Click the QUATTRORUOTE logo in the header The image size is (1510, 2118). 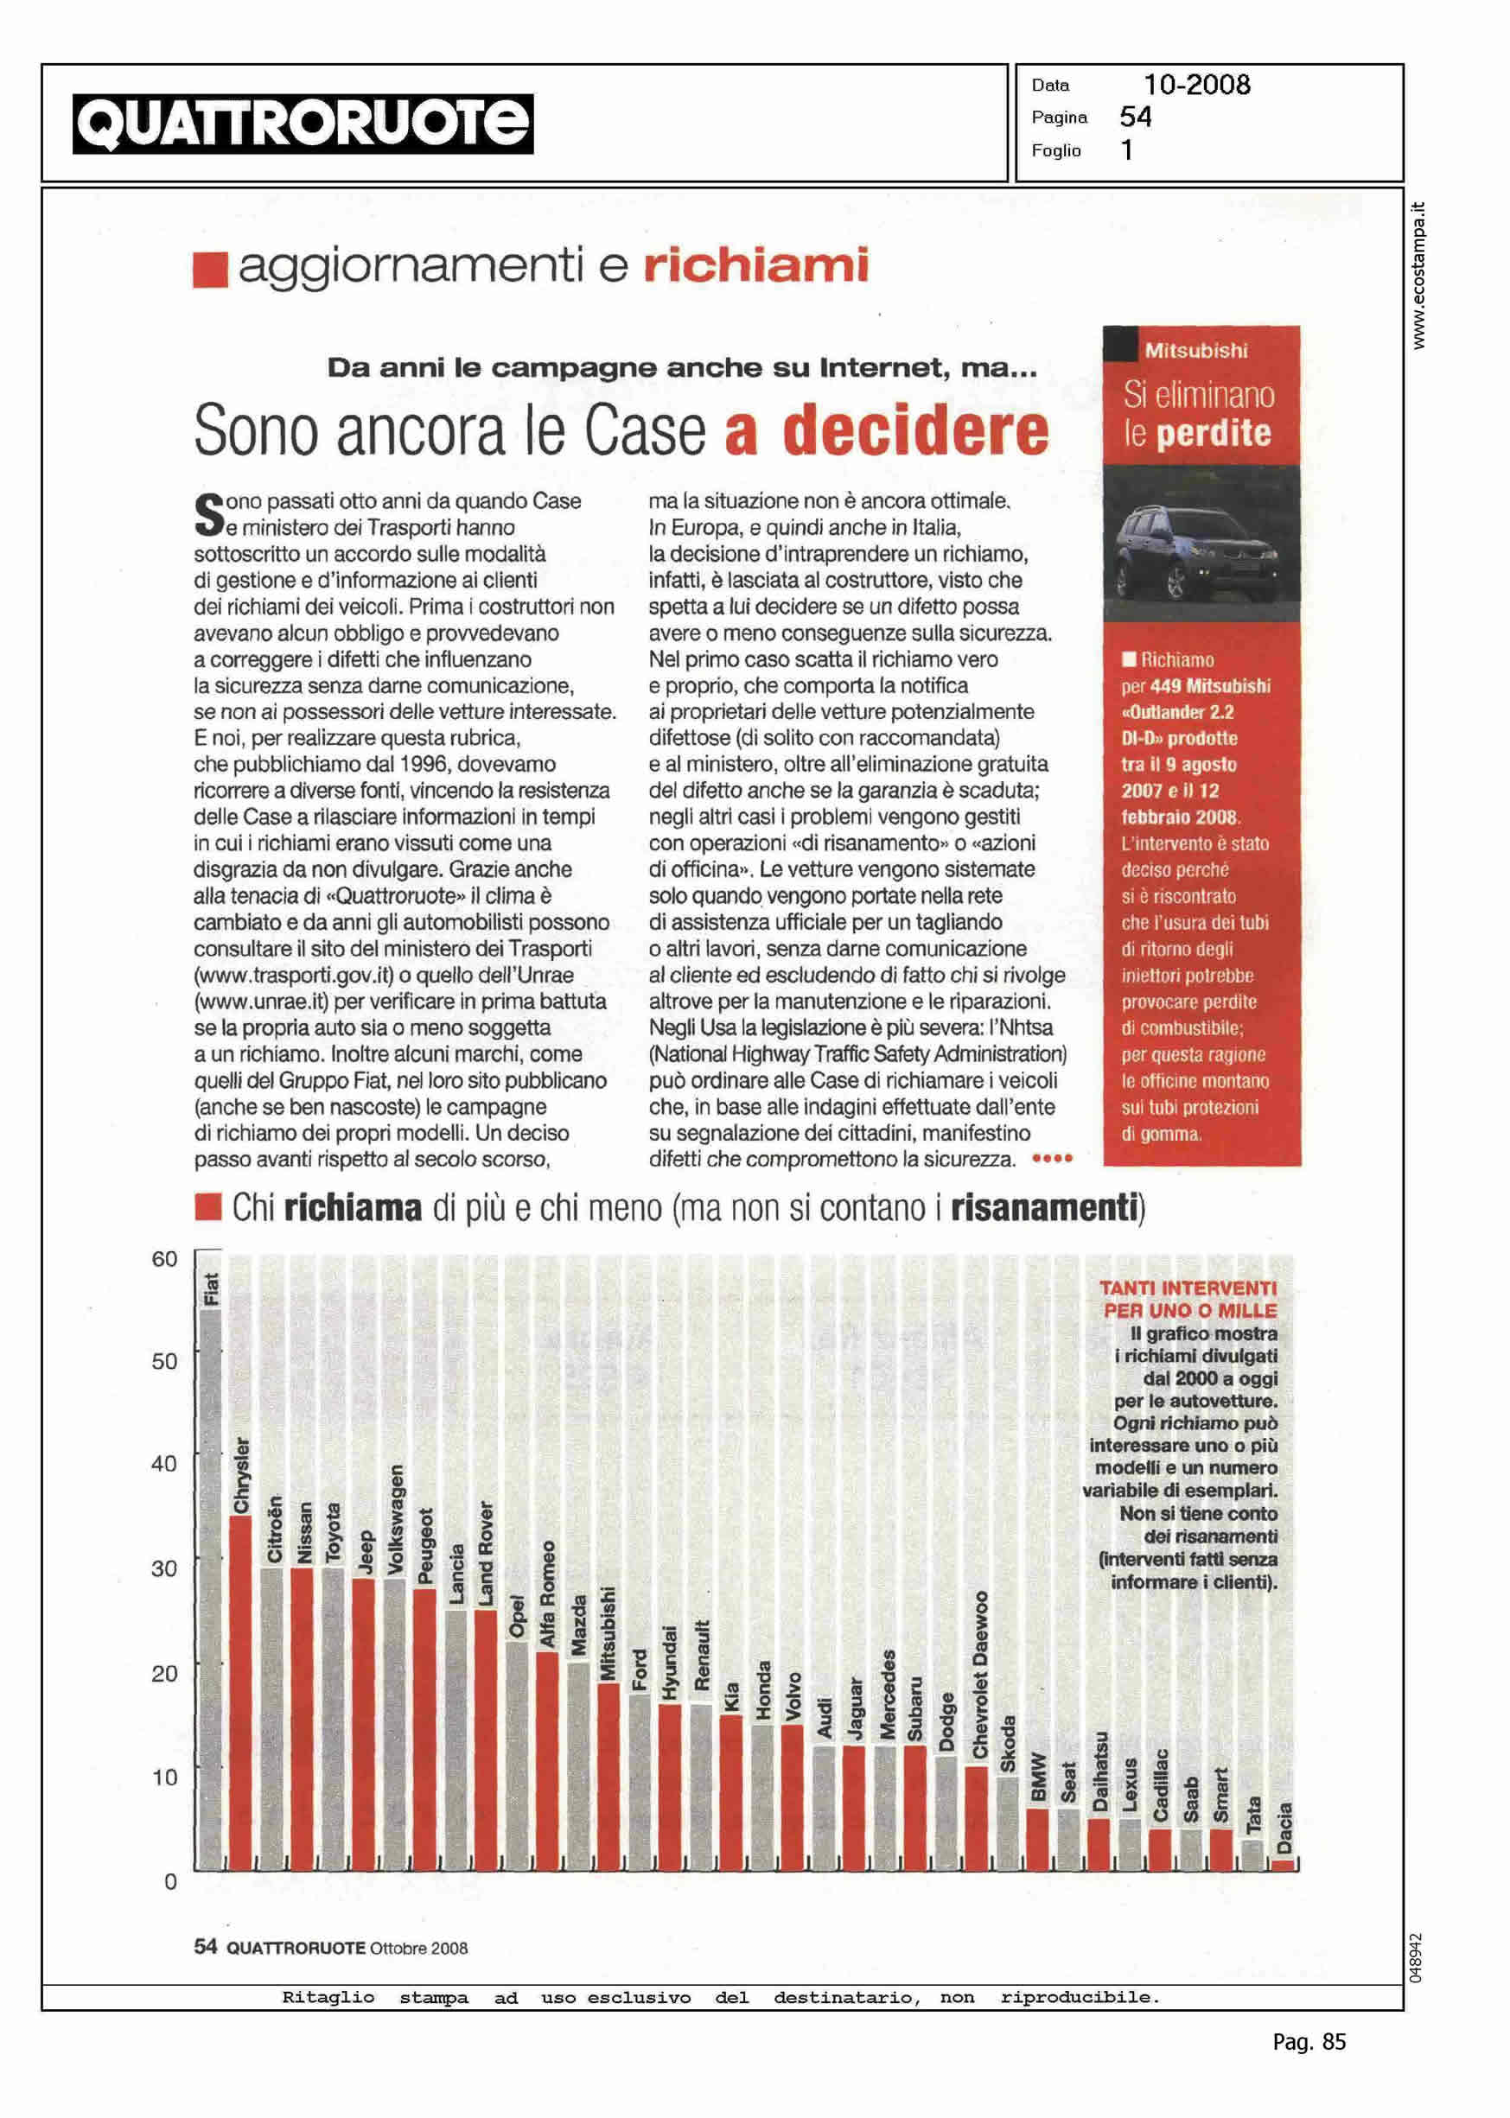tap(303, 124)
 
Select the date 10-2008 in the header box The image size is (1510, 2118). tap(1195, 86)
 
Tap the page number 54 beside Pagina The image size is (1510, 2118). tap(1135, 118)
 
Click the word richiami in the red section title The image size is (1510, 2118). tap(755, 267)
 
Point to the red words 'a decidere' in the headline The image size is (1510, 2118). tap(886, 431)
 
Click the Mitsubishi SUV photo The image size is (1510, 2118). tap(1201, 544)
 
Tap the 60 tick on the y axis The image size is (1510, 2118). tap(164, 1259)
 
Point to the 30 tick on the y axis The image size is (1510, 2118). tap(164, 1568)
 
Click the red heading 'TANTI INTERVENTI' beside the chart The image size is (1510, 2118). tap(1188, 1288)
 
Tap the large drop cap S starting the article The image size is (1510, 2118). tap(208, 515)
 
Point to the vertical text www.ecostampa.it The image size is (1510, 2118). tap(1418, 275)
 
